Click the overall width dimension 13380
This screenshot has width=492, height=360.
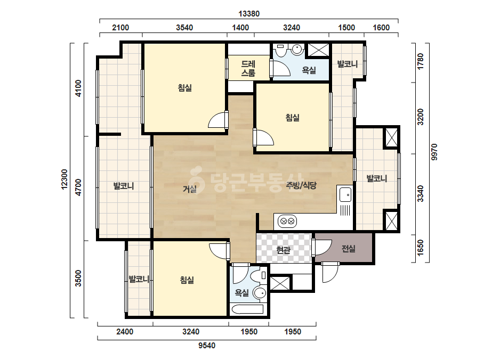tap(249, 14)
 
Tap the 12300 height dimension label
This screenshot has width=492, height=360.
tap(64, 179)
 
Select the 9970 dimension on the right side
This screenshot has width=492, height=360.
tap(434, 152)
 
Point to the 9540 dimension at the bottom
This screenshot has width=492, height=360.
tap(207, 346)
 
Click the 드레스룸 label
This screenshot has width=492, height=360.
tap(248, 68)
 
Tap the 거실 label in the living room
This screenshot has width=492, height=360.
tap(190, 189)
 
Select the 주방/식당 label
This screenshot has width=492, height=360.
tap(301, 185)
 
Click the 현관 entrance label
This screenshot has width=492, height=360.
tap(284, 250)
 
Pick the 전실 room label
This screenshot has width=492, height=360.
tap(348, 249)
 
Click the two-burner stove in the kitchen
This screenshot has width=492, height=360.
tap(287, 221)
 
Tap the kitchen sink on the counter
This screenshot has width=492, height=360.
tap(345, 194)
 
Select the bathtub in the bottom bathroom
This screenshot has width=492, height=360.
tap(247, 309)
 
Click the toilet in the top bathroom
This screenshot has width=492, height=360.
tap(280, 50)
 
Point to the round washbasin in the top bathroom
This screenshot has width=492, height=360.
tap(297, 49)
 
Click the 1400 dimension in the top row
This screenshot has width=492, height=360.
tap(240, 28)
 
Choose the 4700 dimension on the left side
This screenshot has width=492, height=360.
tap(78, 187)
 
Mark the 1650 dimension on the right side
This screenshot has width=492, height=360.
tap(421, 248)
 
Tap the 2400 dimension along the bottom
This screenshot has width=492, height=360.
tap(125, 332)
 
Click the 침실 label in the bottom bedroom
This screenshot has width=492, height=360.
tap(187, 280)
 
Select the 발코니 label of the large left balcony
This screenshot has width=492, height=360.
tap(124, 186)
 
